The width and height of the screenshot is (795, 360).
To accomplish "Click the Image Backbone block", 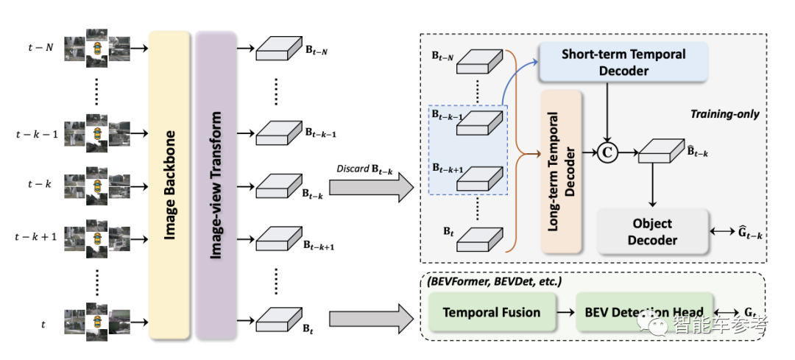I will pos(170,184).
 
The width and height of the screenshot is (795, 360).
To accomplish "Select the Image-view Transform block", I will pos(217,184).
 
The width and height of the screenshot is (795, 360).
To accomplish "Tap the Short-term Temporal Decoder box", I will pos(623,63).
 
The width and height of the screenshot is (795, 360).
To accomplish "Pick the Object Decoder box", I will pos(651,230).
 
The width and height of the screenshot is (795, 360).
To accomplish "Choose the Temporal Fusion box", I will pos(491,312).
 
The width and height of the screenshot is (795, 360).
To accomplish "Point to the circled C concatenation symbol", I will pos(607,153).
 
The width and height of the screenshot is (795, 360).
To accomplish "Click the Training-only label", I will pos(724,114).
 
